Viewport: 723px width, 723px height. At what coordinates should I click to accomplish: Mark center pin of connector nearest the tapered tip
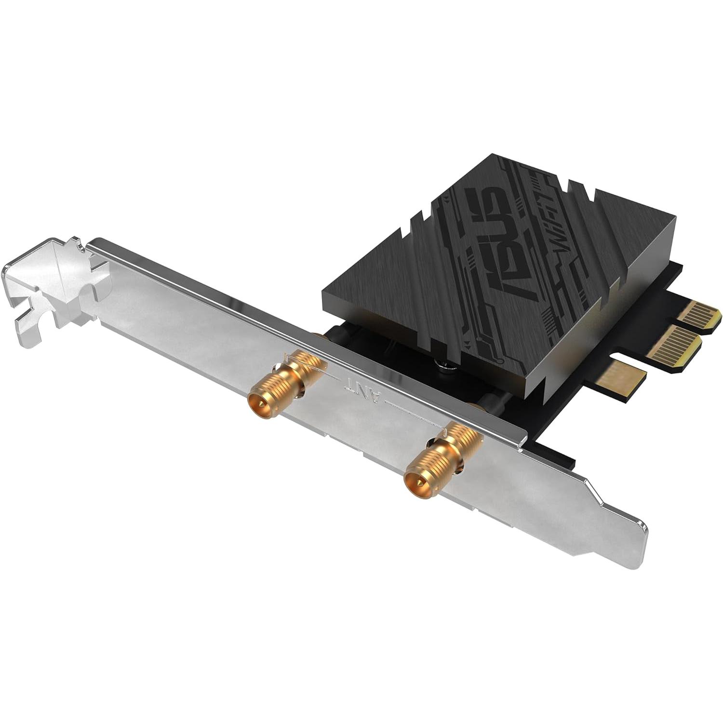coord(413,480)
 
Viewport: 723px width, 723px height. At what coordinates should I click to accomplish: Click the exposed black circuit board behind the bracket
coord(554,424)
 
